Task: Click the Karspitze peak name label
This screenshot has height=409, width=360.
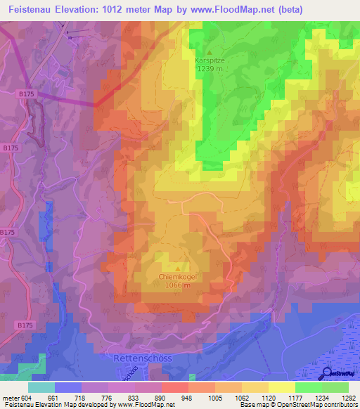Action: [x=208, y=60]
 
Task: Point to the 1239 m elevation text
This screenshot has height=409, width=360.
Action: [x=208, y=69]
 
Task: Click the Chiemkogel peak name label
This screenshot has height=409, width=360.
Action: [x=177, y=277]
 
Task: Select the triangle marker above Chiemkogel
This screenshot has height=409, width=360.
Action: [x=177, y=268]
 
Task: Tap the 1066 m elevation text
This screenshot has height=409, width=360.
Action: [x=177, y=285]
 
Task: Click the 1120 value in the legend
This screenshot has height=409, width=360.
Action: [x=267, y=397]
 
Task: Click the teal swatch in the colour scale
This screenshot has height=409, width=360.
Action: [x=41, y=387]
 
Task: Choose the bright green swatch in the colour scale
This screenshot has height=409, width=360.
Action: [x=309, y=387]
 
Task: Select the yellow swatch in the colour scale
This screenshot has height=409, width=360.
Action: [x=282, y=387]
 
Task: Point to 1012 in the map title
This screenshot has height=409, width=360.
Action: [x=127, y=9]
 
